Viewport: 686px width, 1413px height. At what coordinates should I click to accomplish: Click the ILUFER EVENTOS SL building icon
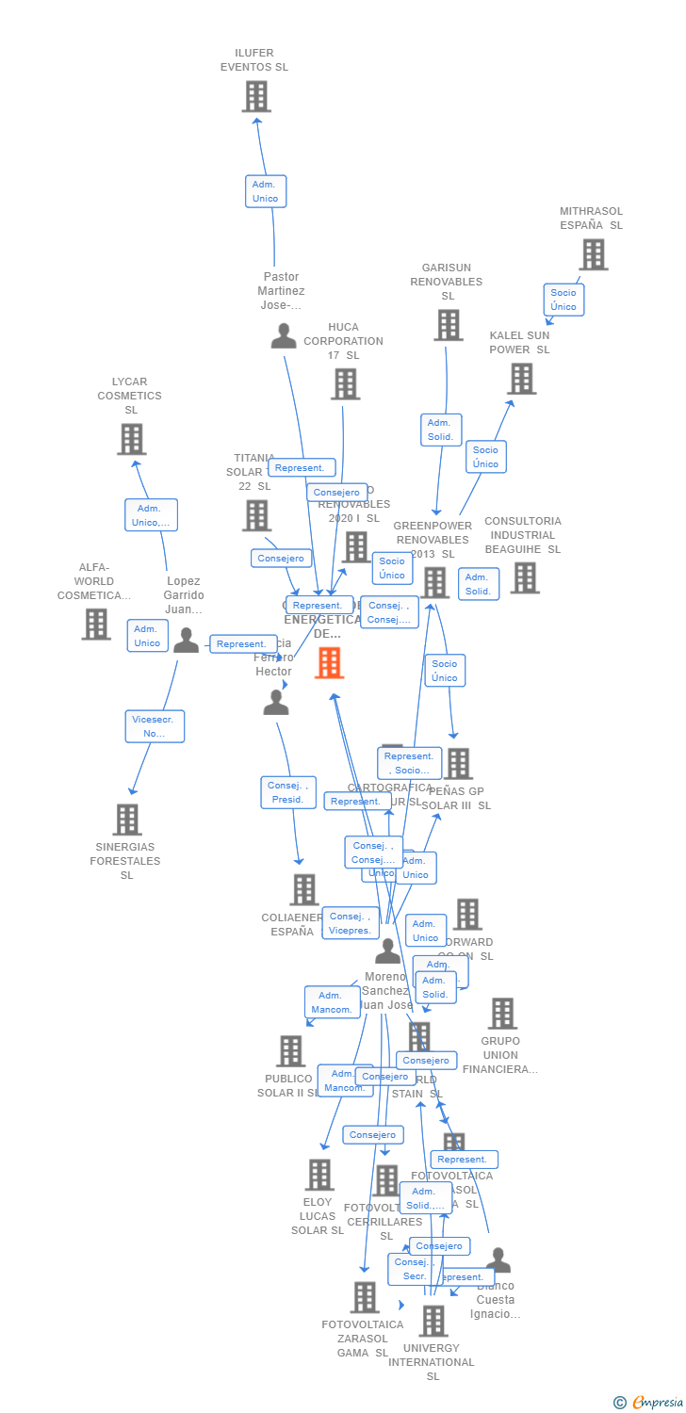tap(256, 96)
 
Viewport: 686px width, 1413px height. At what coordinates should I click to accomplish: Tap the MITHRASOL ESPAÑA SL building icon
tap(593, 254)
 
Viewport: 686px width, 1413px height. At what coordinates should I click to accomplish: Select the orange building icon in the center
tap(329, 662)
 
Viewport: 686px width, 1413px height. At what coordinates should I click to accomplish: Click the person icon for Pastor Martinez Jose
tap(284, 336)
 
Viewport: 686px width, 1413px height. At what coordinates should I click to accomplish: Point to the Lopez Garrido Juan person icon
tap(187, 641)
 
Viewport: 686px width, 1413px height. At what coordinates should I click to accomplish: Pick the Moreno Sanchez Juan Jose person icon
tap(387, 951)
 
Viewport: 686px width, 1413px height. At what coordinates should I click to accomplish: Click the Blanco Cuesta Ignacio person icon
tap(498, 1260)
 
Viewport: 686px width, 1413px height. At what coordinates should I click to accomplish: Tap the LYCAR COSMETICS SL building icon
tap(131, 439)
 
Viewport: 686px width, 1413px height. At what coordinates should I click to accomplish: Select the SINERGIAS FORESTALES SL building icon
tap(127, 820)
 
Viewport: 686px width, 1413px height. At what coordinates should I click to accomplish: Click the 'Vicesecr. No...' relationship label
tap(155, 726)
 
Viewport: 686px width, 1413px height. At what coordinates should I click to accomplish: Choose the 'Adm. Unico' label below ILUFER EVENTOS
tap(265, 191)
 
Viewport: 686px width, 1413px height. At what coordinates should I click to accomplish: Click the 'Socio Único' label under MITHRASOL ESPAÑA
tap(563, 300)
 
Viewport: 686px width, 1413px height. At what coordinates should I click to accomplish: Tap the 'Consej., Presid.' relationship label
tap(287, 792)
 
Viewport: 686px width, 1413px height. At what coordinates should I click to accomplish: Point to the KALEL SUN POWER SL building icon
tap(521, 379)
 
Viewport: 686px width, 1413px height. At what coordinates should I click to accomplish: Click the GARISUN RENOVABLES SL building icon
tap(448, 325)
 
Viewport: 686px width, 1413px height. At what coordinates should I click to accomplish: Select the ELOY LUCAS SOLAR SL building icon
tap(319, 1175)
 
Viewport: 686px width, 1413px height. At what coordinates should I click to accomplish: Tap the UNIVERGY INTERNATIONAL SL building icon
tap(433, 1321)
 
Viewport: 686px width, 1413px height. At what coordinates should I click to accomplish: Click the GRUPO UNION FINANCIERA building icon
tap(502, 1014)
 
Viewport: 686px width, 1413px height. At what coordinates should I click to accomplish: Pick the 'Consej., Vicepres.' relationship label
tap(350, 923)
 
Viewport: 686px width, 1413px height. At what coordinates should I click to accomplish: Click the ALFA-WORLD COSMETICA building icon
tap(95, 624)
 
